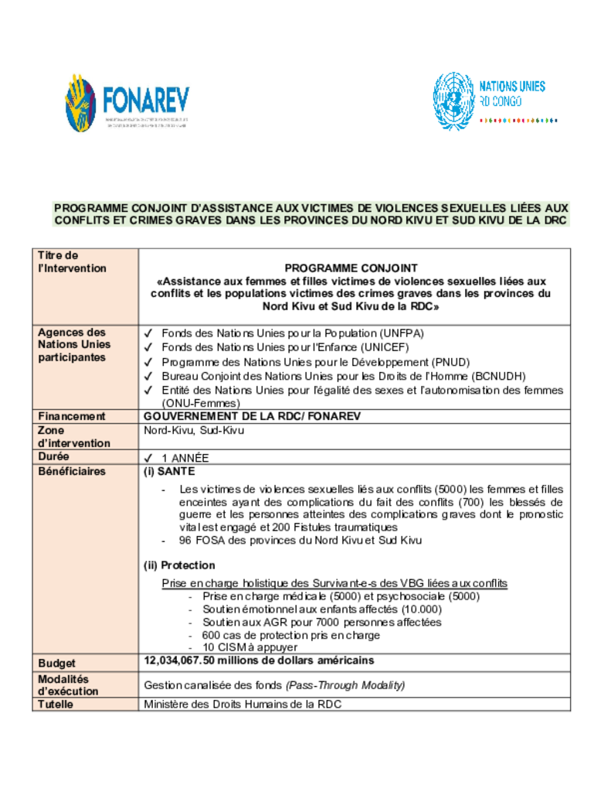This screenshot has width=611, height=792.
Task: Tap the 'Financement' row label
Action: click(x=72, y=416)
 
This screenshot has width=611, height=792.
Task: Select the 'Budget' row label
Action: click(x=58, y=663)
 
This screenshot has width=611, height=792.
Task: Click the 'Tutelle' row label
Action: click(x=58, y=704)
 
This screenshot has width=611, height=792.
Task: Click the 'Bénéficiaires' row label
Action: click(x=73, y=471)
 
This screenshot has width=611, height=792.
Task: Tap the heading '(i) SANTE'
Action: click(x=169, y=471)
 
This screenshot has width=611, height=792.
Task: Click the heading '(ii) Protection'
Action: click(x=179, y=565)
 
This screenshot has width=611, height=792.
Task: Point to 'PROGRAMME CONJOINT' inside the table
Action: click(x=351, y=268)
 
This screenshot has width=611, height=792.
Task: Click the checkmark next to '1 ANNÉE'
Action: click(x=148, y=458)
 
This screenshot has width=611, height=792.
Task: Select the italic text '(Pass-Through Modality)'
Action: click(x=345, y=685)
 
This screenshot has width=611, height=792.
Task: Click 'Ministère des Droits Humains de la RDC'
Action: click(x=243, y=704)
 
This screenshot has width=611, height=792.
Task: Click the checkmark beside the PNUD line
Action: click(x=148, y=362)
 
